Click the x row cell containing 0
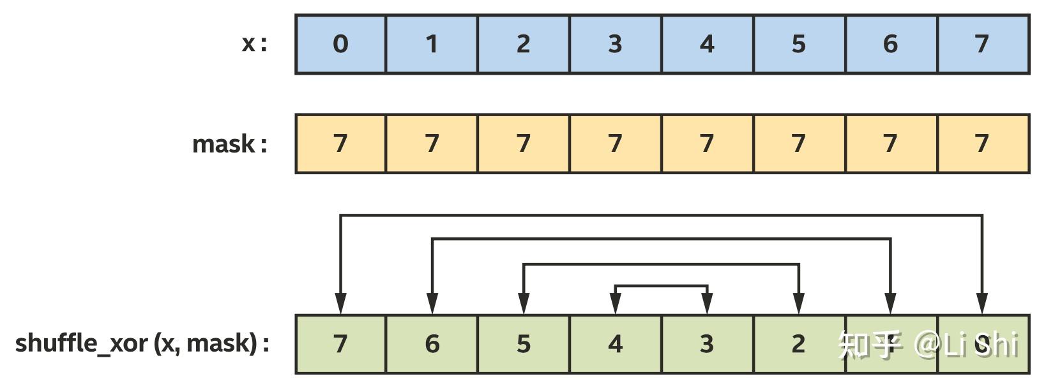(x=340, y=44)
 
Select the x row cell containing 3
(x=615, y=44)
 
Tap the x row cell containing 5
(x=799, y=44)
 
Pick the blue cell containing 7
(x=982, y=44)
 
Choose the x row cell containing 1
(x=432, y=44)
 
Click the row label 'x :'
(x=254, y=44)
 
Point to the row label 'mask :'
(x=229, y=144)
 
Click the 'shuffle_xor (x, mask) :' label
(x=142, y=343)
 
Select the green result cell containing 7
(x=340, y=344)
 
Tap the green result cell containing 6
(x=432, y=344)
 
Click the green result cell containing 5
(x=524, y=344)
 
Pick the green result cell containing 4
(x=615, y=344)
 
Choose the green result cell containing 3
(x=707, y=344)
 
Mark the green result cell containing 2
(x=799, y=344)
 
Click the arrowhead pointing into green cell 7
(x=340, y=303)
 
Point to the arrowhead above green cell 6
(x=432, y=303)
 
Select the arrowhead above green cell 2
(x=799, y=303)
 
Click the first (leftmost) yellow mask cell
(x=340, y=144)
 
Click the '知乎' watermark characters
(x=869, y=345)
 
